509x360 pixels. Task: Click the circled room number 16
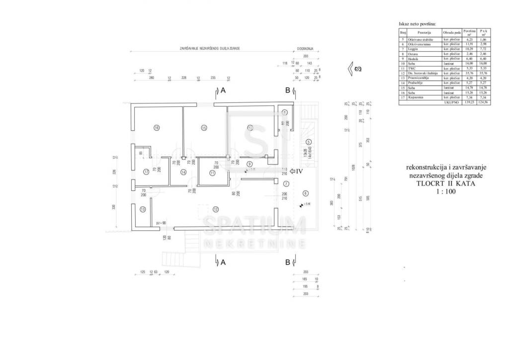coord(157,128)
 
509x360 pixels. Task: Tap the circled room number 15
coord(204,128)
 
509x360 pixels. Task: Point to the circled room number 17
coord(146,172)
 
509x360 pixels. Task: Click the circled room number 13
coord(144,210)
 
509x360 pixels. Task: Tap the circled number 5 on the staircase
coord(309,142)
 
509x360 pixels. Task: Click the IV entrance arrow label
coord(299,172)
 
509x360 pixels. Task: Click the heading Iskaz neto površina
coord(417,24)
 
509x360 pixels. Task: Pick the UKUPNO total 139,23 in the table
coord(468,102)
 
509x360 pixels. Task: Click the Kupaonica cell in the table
coord(415,97)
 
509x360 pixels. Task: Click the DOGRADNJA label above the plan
coord(305,49)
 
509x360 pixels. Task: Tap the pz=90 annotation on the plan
coord(161,223)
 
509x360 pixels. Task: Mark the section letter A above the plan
coord(223,90)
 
